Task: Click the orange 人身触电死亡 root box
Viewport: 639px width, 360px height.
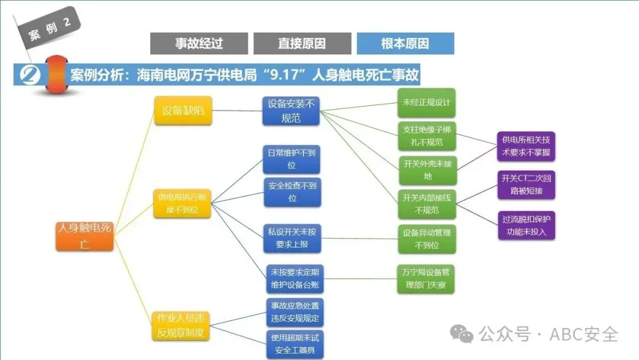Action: pos(85,236)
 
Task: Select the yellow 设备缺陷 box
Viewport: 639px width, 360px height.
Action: pos(183,110)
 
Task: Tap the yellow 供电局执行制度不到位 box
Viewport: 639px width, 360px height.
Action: pos(183,202)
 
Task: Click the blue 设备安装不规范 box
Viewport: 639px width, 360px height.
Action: pos(292,111)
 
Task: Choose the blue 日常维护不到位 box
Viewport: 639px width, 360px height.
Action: pos(292,159)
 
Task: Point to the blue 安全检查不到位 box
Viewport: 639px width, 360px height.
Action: pos(292,192)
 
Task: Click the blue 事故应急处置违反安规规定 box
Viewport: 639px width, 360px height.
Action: pos(295,312)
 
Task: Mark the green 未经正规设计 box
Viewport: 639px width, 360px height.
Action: pos(427,102)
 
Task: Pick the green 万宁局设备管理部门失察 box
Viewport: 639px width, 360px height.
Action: pos(427,279)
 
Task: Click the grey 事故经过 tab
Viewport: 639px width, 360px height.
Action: pos(199,43)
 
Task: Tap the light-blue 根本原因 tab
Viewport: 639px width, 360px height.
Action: pos(405,43)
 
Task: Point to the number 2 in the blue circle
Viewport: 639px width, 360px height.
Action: pos(30,76)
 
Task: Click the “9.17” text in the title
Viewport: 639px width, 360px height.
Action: pos(286,76)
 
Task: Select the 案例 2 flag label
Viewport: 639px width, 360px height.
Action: pos(50,30)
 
